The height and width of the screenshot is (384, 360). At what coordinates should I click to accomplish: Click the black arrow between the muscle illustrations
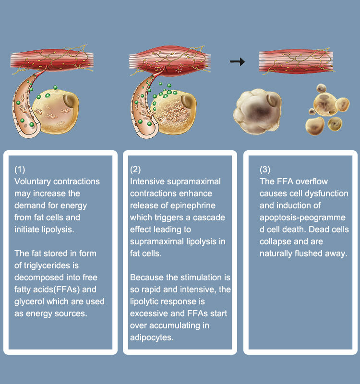coord(237,62)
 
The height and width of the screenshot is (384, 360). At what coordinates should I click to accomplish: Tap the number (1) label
coord(20,169)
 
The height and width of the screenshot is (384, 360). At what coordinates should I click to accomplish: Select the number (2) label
coord(136,169)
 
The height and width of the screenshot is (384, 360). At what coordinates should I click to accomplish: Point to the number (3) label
coord(265,169)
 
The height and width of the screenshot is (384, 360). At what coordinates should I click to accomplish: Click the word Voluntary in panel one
coord(32,181)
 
